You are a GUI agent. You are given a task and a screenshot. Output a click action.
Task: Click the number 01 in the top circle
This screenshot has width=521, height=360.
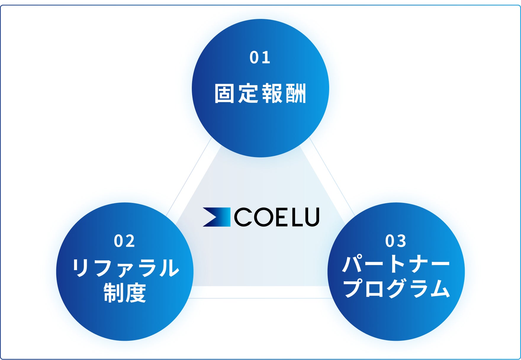tap(260, 57)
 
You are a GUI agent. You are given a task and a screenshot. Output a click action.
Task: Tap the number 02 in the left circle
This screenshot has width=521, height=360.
tap(124, 241)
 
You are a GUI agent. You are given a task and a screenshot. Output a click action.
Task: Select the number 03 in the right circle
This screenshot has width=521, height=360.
tap(396, 241)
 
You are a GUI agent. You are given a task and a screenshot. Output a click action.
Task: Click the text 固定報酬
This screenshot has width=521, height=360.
tap(260, 93)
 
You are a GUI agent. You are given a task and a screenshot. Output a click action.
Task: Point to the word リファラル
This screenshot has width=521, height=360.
tap(126, 268)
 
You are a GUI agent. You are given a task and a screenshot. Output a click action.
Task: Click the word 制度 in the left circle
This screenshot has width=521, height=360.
tap(125, 293)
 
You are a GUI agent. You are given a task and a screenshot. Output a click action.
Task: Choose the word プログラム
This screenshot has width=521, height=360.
tap(397, 288)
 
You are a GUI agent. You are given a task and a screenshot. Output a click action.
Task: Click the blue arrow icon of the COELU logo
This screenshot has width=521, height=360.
tap(216, 217)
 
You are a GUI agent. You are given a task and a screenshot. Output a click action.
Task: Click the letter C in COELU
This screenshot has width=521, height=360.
tap(243, 217)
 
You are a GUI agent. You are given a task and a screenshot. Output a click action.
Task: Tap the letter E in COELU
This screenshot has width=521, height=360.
tap(281, 217)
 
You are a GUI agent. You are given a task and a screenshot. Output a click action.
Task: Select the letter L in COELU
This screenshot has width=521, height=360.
tap(297, 217)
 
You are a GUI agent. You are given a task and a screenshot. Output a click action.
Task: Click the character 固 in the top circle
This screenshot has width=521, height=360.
tap(225, 93)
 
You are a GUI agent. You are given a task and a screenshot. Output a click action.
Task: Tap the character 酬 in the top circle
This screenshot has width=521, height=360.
tap(296, 93)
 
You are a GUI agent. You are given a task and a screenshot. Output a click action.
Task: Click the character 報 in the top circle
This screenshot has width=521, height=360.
tap(272, 93)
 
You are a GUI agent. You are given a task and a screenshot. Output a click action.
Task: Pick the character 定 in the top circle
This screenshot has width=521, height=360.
tap(248, 93)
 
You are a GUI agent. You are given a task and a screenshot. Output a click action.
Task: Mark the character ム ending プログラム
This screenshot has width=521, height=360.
tap(440, 288)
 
